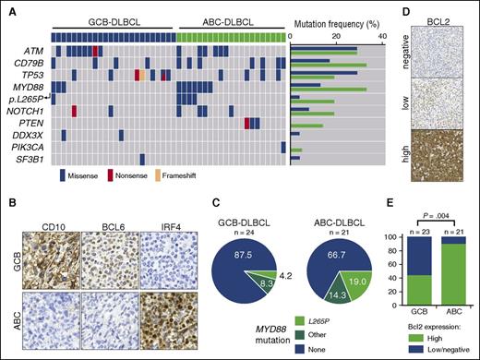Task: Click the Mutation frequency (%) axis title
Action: pyautogui.click(x=337, y=18)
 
